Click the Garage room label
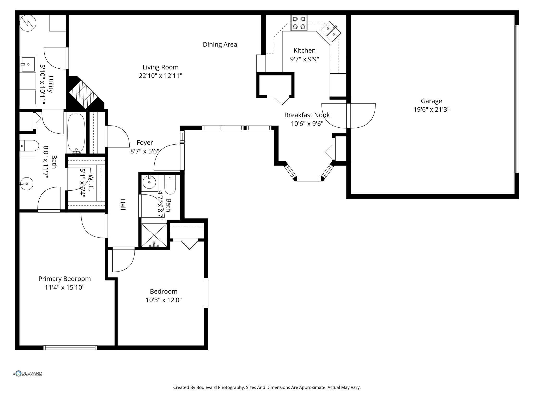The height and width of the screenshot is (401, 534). pyautogui.click(x=431, y=101)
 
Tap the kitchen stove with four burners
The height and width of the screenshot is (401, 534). pyautogui.click(x=299, y=23)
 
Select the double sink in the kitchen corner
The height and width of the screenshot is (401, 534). pyautogui.click(x=331, y=31)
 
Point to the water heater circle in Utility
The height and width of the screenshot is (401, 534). pyautogui.click(x=28, y=23)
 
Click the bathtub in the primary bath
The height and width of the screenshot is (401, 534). pyautogui.click(x=76, y=133)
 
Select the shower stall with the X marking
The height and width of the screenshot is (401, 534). pyautogui.click(x=154, y=235)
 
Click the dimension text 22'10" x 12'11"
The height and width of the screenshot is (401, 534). pyautogui.click(x=160, y=76)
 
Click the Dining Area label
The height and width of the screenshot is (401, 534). pyautogui.click(x=220, y=45)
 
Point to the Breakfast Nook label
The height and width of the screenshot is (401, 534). pyautogui.click(x=307, y=115)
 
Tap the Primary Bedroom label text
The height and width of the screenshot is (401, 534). pyautogui.click(x=64, y=279)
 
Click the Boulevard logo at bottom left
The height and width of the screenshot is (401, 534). pyautogui.click(x=27, y=373)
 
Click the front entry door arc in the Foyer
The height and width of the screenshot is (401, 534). pyautogui.click(x=167, y=157)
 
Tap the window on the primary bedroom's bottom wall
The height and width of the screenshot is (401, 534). pyautogui.click(x=70, y=347)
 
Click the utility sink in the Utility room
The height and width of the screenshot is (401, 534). pyautogui.click(x=28, y=64)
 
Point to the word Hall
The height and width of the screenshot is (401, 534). pyautogui.click(x=123, y=204)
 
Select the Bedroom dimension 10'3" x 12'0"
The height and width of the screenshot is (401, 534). pyautogui.click(x=163, y=300)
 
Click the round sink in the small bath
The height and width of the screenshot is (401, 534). pyautogui.click(x=149, y=182)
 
